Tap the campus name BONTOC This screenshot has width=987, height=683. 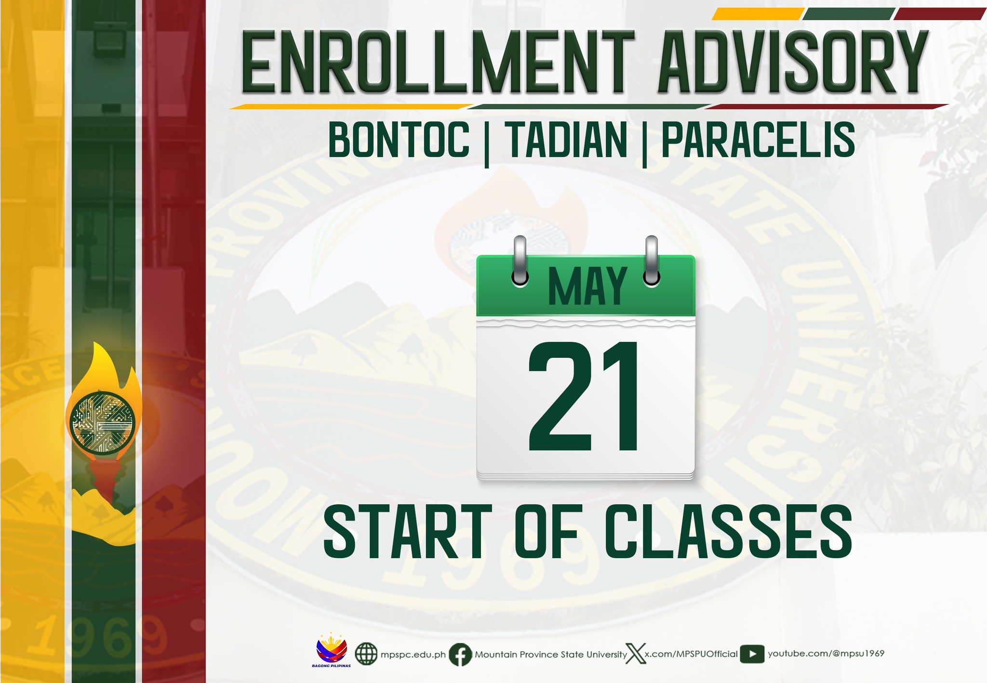(399, 139)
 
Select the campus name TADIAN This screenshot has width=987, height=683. (566, 139)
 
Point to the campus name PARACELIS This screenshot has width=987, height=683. (758, 139)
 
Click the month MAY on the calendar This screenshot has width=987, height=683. (587, 287)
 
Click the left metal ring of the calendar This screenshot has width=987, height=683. (520, 262)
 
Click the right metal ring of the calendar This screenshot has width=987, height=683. (652, 262)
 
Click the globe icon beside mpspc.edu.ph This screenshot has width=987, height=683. (366, 654)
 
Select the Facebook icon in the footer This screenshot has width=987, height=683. (460, 655)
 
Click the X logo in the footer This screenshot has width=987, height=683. (635, 654)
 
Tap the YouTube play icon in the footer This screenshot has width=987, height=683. (752, 654)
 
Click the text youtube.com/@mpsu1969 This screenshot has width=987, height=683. (826, 654)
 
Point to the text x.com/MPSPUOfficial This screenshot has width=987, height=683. (692, 654)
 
